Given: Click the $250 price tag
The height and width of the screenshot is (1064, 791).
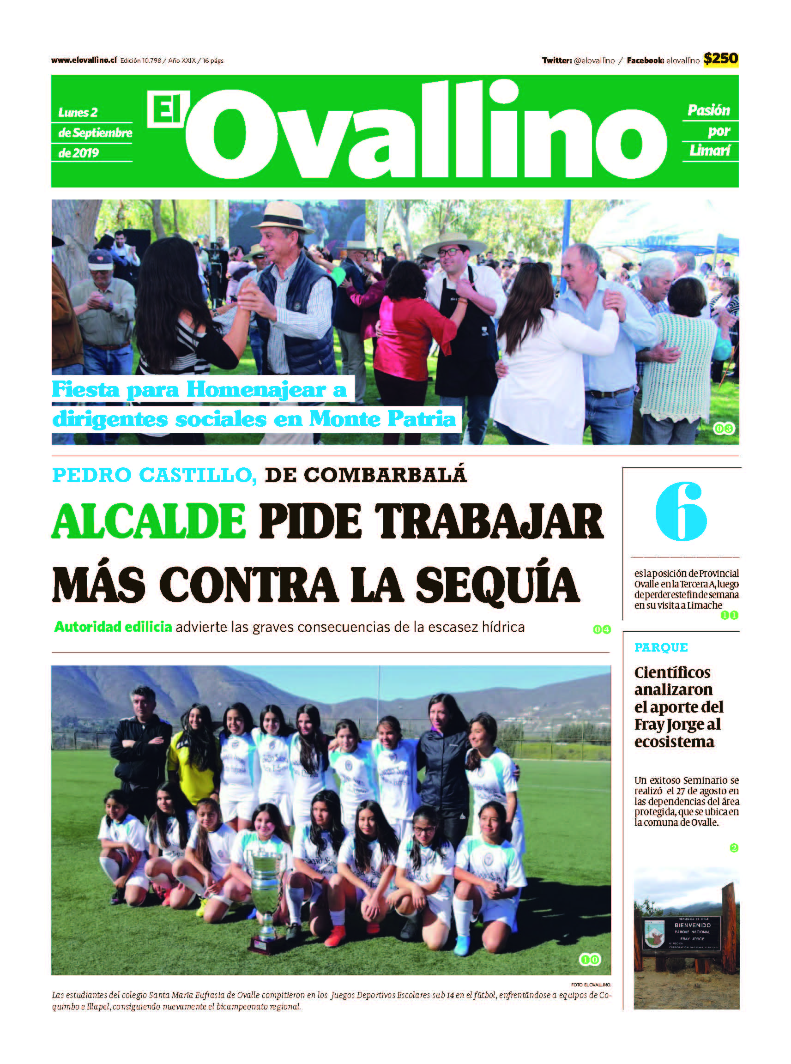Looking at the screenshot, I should point(720,59).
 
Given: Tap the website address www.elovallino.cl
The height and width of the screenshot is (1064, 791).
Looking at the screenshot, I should point(84,60).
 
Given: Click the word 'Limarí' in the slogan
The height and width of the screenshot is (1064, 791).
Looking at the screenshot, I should point(710,151).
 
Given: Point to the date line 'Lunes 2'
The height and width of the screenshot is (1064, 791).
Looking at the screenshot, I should point(78,113).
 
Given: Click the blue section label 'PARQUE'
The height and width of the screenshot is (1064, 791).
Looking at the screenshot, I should point(661,647).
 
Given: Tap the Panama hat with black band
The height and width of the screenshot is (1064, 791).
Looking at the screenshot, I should point(283,218).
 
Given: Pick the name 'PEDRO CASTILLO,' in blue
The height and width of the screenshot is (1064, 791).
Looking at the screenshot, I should point(154,475).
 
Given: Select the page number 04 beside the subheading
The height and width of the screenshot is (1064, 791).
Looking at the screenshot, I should point(601,630).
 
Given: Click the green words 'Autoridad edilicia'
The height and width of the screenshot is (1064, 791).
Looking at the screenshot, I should point(113,627).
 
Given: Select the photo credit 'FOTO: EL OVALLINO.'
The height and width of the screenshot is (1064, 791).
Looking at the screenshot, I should point(591,985).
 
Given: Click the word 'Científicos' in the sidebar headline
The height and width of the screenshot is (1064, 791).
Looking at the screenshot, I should point(672,673).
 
